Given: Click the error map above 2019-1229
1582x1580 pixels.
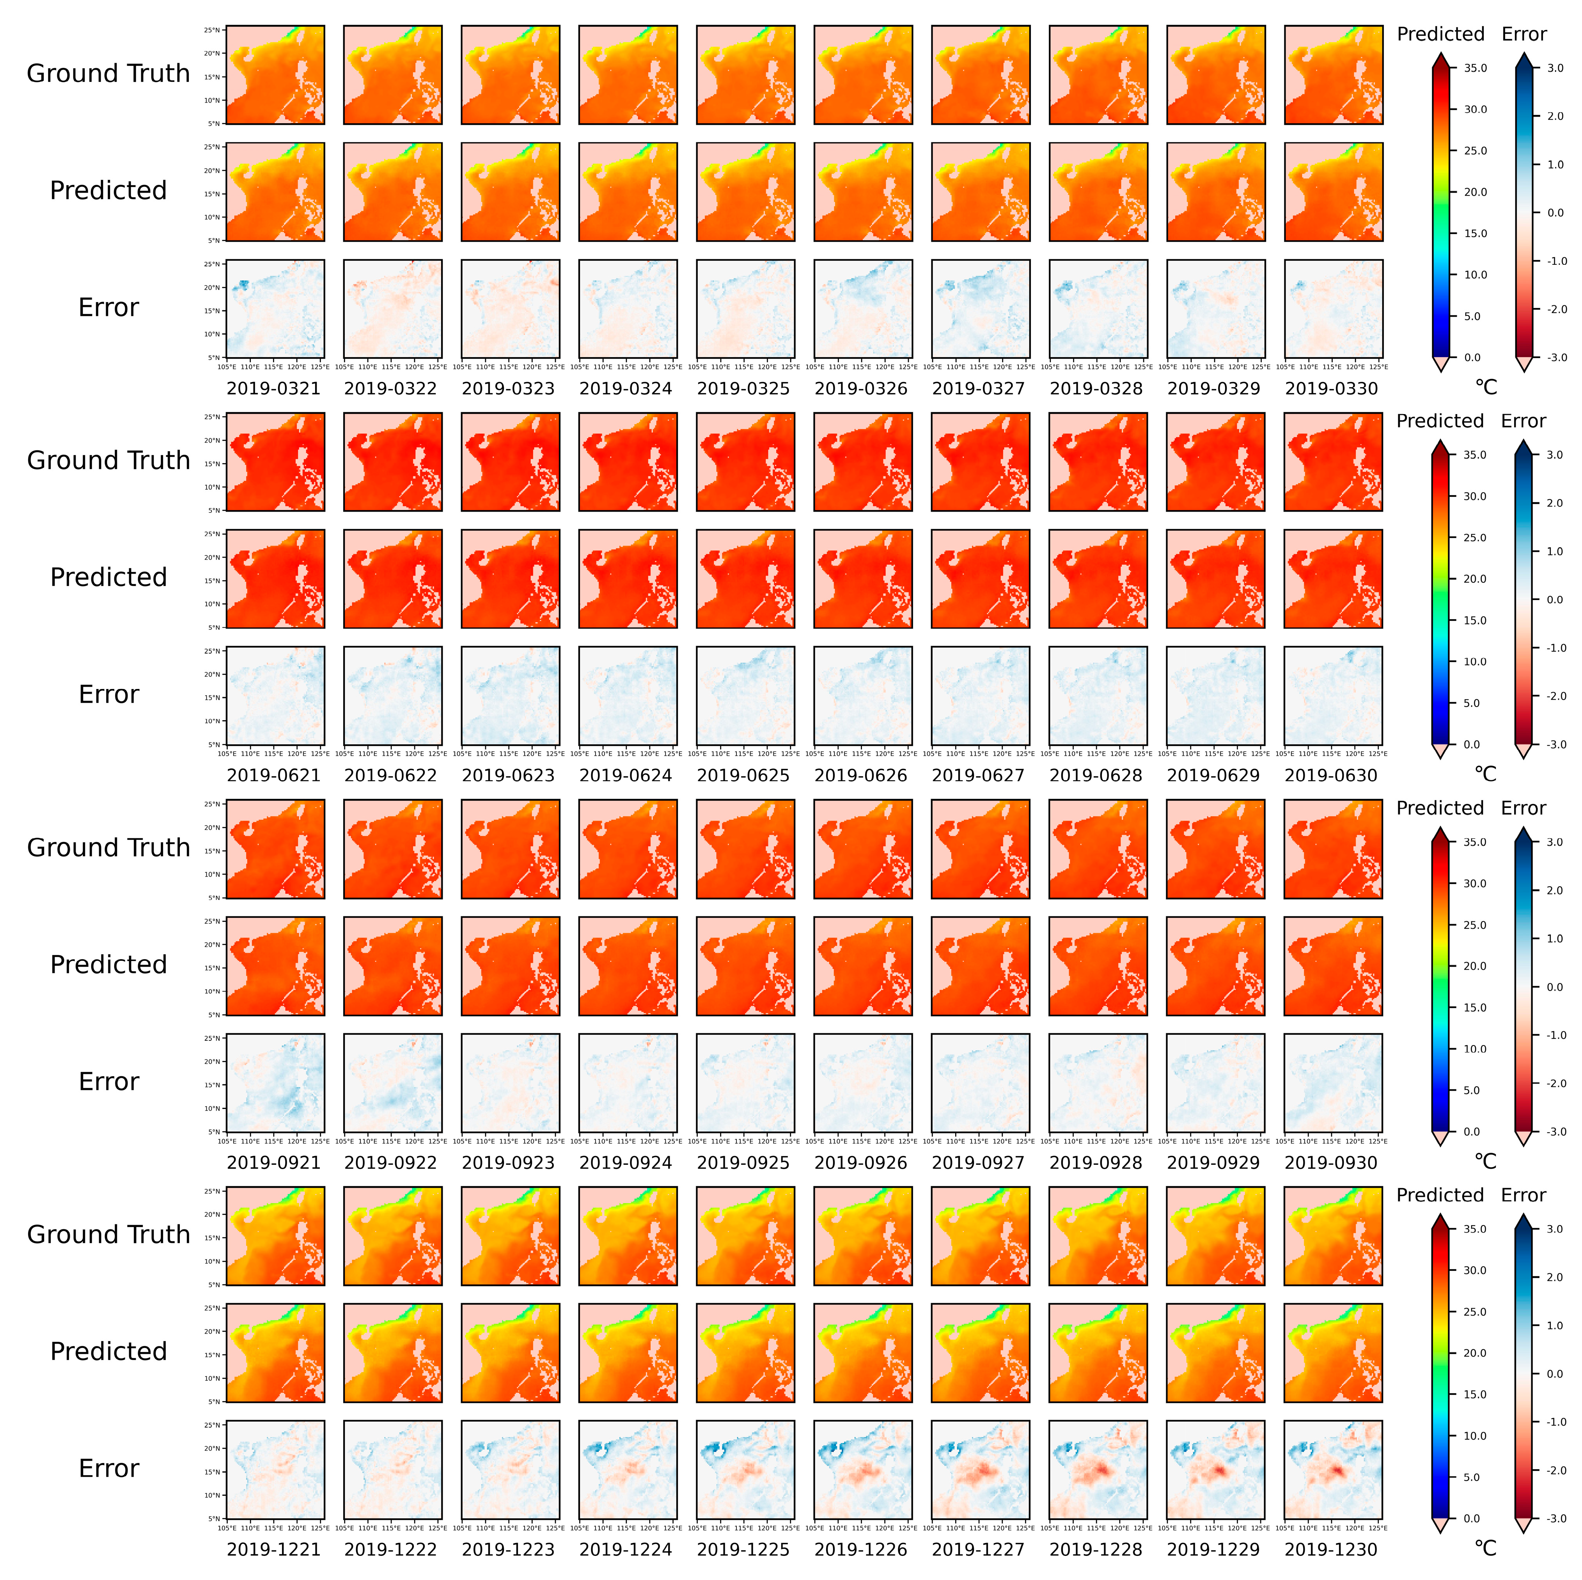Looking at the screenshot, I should point(1215,1470).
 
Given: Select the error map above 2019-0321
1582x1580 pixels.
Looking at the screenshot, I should point(275,309).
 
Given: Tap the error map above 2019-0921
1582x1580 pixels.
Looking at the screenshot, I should point(275,1082).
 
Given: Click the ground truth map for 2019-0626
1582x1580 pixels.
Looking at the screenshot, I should point(863,462).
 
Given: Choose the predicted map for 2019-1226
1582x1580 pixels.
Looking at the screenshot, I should point(863,1352).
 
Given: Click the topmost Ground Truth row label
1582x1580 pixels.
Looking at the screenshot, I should point(108,74).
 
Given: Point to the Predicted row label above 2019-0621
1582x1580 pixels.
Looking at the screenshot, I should point(108,577).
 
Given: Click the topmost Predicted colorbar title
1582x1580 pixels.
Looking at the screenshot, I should point(1440,34).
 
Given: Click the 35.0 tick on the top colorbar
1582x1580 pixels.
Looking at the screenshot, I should point(1476,68).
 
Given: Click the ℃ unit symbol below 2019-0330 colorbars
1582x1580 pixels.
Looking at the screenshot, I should point(1485,387).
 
